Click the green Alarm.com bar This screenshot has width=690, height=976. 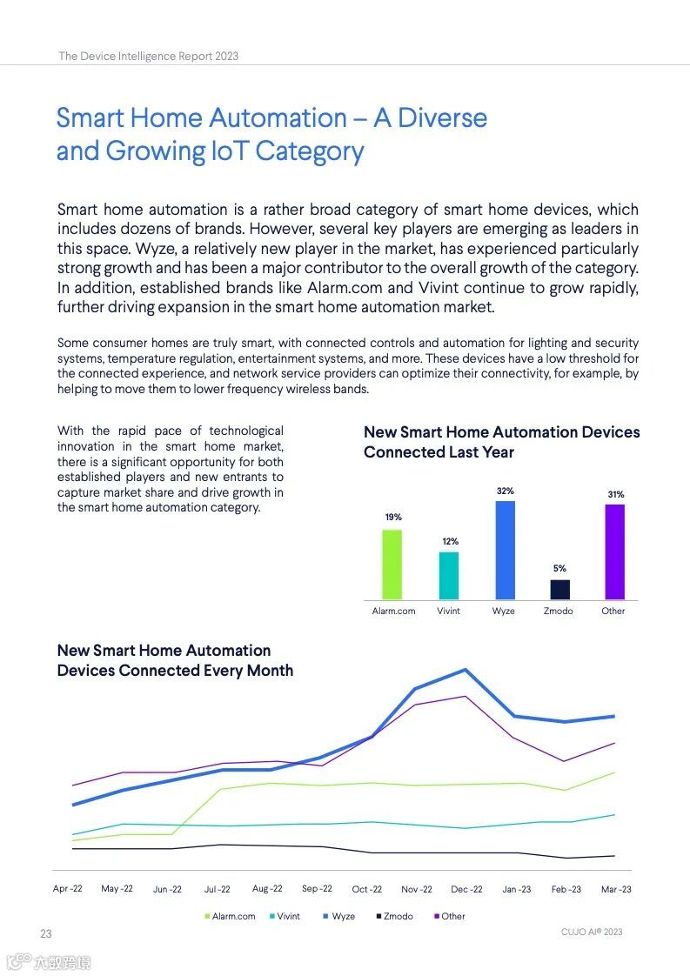pos(392,565)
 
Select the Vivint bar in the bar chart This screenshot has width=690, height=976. pos(448,575)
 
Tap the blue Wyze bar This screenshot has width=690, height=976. pos(505,550)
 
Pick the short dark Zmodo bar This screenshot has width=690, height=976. pos(559,590)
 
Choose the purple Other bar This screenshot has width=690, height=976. pos(614,552)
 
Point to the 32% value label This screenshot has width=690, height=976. pos(505,491)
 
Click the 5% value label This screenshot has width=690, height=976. pos(559,569)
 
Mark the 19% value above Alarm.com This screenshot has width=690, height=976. pos(393,518)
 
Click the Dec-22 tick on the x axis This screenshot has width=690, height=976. pos(466,889)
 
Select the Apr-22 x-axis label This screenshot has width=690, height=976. pos(68,889)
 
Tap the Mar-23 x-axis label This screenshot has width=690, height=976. pos(616,889)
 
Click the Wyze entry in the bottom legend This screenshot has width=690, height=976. pos(338,916)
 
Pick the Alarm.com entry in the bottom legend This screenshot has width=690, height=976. pos(230,916)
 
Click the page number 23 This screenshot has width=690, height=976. pos(46,934)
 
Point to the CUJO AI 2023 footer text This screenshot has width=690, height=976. pos(592,932)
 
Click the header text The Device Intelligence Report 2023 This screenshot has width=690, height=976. pos(149,56)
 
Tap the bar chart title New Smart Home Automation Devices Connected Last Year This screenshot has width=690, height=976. pos(501,442)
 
